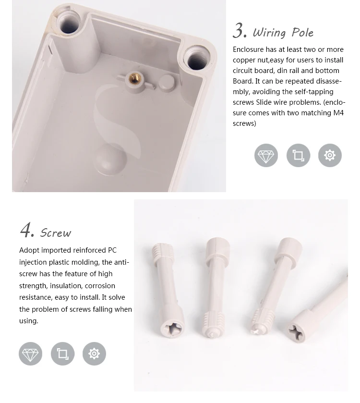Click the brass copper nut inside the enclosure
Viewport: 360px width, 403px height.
point(133,78)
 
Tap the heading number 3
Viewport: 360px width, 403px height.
point(240,31)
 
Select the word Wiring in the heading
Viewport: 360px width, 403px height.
point(269,33)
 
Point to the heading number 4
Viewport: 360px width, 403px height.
point(27,230)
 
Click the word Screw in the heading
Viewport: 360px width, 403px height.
point(55,233)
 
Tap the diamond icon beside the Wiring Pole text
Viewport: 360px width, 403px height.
point(266,155)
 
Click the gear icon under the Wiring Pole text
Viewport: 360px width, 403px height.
point(330,155)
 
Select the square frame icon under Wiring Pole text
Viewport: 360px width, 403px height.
point(298,155)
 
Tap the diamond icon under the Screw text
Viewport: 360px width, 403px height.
point(30,354)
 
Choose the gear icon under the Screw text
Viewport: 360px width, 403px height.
point(94,354)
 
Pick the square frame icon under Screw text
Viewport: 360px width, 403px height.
point(62,354)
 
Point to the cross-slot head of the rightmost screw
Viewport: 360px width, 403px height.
point(299,333)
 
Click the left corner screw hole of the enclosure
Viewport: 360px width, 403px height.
point(69,24)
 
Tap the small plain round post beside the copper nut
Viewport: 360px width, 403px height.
point(167,82)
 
